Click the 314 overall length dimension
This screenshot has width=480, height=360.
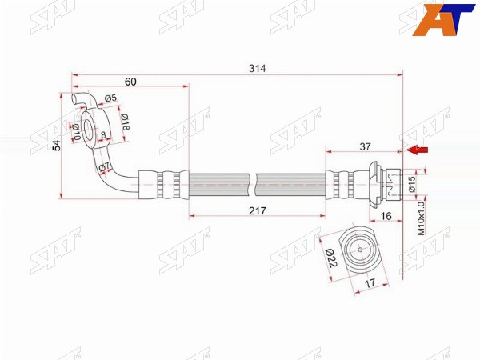coord(257,69)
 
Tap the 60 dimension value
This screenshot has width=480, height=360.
coord(130,82)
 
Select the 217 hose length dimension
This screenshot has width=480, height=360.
coord(257,211)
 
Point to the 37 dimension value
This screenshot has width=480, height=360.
coord(365,147)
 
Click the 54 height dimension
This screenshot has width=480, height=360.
coord(57,146)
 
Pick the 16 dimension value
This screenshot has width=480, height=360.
coord(386,216)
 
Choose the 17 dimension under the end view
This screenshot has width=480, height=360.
coord(370,283)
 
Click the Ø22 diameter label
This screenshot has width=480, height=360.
coord(331,258)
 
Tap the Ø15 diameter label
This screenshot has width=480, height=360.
coord(412,184)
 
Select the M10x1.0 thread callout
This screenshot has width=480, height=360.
coord(422,218)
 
